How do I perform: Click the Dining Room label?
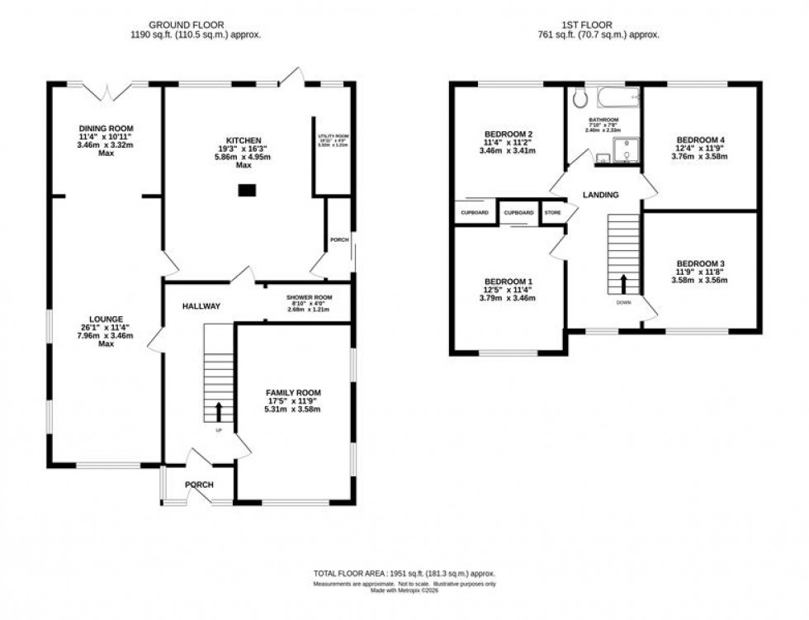click(106, 128)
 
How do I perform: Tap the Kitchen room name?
click(244, 140)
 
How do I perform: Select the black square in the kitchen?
click(245, 190)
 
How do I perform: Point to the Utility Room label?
click(334, 135)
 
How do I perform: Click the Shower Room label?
click(309, 297)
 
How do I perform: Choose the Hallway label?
click(201, 306)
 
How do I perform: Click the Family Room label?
click(293, 392)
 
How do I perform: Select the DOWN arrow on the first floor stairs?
click(623, 283)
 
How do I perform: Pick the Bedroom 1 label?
click(508, 282)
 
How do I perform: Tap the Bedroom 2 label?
click(508, 135)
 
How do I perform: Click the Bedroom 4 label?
click(699, 140)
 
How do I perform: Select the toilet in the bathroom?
click(580, 99)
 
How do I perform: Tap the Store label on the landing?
click(552, 213)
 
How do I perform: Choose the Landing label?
click(600, 195)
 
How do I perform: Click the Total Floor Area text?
click(404, 573)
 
